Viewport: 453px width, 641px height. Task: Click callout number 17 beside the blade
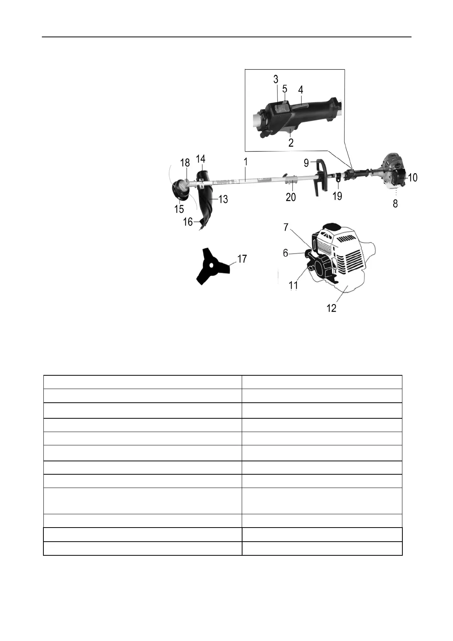point(242,259)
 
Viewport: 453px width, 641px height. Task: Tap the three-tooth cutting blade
point(212,266)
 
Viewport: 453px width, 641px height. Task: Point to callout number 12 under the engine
point(332,308)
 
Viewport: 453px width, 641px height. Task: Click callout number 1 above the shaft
point(246,162)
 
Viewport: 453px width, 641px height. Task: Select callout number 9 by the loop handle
point(306,164)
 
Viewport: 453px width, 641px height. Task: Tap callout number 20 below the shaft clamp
point(291,197)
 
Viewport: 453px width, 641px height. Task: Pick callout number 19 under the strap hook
point(337,196)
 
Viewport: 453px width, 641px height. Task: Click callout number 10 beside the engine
point(413,177)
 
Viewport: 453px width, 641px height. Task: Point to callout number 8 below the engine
point(396,204)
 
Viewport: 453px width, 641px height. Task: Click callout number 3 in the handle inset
point(276,79)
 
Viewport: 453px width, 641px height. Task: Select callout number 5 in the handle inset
point(285,88)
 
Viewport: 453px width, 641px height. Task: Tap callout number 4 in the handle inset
point(301,90)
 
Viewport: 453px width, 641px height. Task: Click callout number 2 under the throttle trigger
point(291,143)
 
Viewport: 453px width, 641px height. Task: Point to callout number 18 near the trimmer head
point(185,163)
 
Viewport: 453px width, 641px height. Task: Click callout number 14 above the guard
point(201,158)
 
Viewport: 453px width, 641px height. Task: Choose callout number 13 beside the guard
point(223,199)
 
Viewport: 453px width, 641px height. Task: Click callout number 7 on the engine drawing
point(286,227)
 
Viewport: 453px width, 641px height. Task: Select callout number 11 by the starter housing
point(293,285)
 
